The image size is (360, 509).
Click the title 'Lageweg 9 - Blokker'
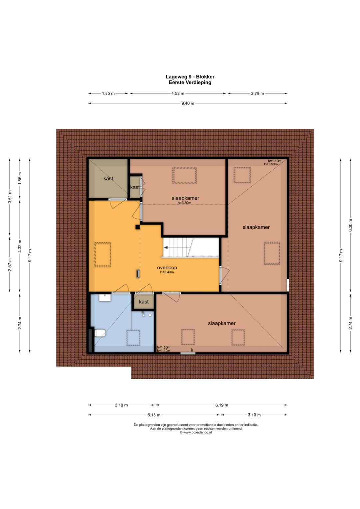click(x=190, y=77)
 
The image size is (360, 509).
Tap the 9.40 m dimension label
click(x=188, y=103)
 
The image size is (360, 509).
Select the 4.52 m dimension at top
click(x=178, y=93)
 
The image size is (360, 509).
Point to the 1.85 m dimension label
click(x=108, y=93)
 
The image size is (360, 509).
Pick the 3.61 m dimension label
click(x=10, y=197)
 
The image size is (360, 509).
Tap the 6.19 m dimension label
click(x=222, y=405)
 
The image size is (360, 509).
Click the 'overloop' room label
click(x=167, y=268)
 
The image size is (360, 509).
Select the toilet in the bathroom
click(x=100, y=333)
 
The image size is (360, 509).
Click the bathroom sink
click(x=105, y=298)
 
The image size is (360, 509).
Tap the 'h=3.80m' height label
click(x=184, y=203)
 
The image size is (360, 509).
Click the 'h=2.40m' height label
click(x=167, y=272)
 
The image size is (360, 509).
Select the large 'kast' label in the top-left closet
click(x=108, y=178)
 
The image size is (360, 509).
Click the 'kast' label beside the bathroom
click(x=144, y=302)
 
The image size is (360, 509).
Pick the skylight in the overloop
click(x=103, y=255)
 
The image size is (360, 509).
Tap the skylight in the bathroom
click(x=133, y=338)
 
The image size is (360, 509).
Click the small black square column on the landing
click(x=137, y=227)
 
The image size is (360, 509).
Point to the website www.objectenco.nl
click(x=196, y=432)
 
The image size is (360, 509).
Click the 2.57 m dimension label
click(x=10, y=264)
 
